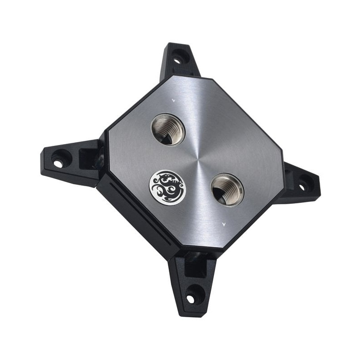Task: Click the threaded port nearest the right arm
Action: (x=227, y=189)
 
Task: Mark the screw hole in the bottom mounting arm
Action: (x=192, y=298)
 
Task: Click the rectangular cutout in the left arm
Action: (x=88, y=157)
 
